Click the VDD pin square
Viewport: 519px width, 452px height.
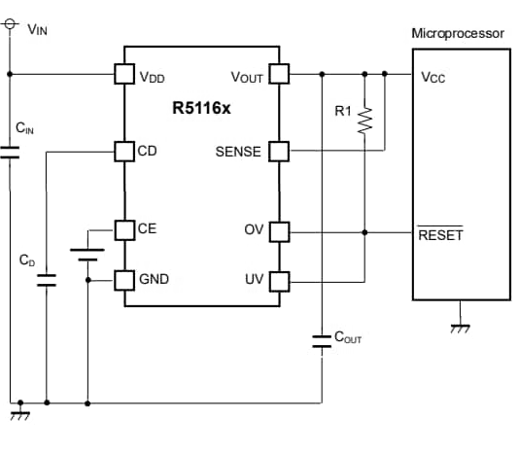pos(124,74)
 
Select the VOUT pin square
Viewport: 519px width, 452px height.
pos(279,74)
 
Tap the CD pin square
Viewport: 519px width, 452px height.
pos(124,152)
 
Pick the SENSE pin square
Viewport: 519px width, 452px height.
pos(279,152)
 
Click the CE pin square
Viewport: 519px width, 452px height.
pos(124,230)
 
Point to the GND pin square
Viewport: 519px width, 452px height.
pos(124,281)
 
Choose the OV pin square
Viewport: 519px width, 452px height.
pos(280,231)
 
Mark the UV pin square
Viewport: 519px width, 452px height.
pos(280,282)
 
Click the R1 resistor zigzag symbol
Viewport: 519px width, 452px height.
pos(364,121)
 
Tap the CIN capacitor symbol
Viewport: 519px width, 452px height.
pos(10,153)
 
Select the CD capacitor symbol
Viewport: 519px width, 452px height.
pos(47,280)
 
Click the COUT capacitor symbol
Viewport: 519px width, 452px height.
pos(322,341)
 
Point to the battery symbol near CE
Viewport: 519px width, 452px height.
pos(87,255)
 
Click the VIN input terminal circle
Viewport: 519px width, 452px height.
pos(10,24)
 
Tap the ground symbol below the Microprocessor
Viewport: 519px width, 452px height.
pos(460,329)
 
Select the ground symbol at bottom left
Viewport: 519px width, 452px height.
pos(20,416)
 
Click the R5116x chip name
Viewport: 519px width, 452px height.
pos(201,108)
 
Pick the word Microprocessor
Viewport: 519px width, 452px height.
pos(458,33)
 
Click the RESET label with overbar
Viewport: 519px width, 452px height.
pos(440,234)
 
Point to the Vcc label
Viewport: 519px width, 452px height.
pos(432,78)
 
